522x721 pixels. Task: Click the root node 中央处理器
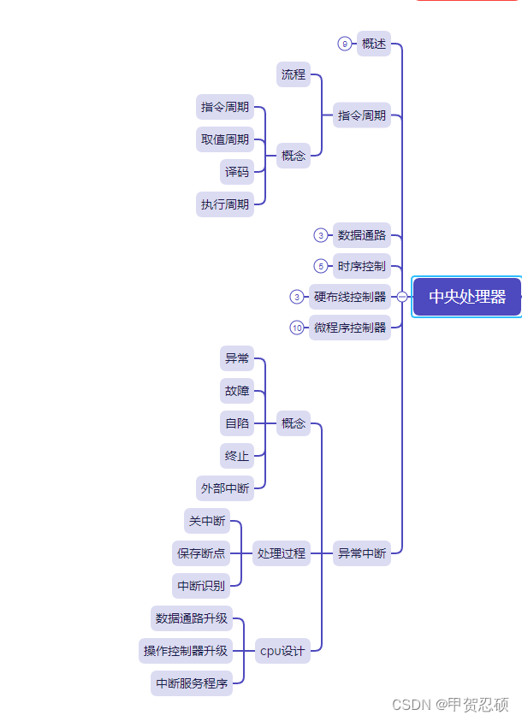point(466,297)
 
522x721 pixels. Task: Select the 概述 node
point(374,44)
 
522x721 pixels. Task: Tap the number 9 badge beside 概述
point(344,44)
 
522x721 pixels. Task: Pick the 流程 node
point(294,74)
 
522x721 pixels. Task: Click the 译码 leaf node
point(237,172)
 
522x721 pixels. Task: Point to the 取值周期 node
point(225,139)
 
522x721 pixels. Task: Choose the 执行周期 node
point(225,204)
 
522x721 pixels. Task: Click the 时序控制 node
point(361,266)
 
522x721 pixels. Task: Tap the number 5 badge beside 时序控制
point(321,266)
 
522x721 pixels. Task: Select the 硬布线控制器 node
point(350,297)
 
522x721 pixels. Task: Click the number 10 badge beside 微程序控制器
point(297,328)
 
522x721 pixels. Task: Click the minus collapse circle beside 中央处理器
point(402,297)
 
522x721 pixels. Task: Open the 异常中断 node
point(362,553)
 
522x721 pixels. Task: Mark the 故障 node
point(237,391)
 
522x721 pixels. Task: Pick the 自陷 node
point(237,423)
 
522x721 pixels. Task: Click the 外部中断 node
point(225,488)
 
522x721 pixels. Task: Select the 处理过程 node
point(282,553)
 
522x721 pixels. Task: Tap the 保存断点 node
point(201,553)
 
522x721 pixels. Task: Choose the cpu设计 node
point(282,651)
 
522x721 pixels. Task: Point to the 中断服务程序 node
point(191,683)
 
